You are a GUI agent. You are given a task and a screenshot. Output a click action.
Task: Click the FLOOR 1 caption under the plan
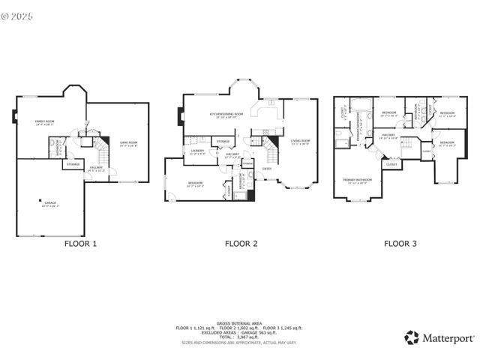coord(79,244)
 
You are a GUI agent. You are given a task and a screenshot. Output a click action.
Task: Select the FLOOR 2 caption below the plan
coord(241,244)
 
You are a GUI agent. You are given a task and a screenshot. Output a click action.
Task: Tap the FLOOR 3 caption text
coord(400,244)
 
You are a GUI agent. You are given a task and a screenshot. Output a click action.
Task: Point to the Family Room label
coord(45,122)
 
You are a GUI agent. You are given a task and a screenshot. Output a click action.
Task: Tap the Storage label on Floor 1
coord(73,163)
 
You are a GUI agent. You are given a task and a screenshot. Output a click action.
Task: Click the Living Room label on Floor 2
coord(300,142)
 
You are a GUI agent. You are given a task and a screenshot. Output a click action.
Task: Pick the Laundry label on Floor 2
coord(197,151)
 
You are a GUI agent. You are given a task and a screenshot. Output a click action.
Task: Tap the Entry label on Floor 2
coord(267,168)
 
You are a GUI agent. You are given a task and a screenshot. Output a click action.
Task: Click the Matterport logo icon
coord(411,337)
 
